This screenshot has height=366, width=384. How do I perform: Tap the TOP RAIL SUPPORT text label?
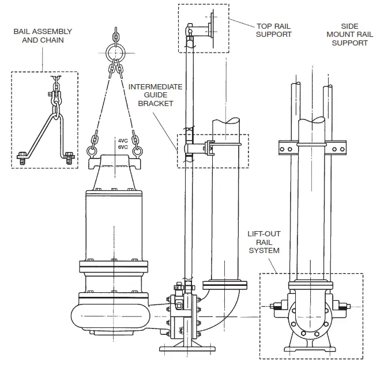click(274, 30)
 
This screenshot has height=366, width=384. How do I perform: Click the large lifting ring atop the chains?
click(115, 54)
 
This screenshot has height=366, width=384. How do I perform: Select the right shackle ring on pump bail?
click(138, 152)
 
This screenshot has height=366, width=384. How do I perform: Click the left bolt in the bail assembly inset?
click(22, 156)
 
